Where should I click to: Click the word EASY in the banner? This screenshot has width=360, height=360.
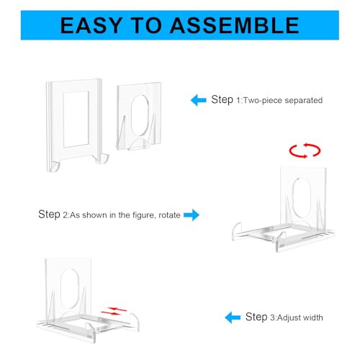point(91,25)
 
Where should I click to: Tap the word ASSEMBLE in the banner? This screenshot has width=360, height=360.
point(235,25)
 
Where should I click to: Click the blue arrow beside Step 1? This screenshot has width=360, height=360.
point(199,100)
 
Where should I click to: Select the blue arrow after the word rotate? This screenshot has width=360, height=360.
point(192,215)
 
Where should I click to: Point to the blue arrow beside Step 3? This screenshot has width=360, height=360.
point(233,318)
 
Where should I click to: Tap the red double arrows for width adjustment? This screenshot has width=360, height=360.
point(114,311)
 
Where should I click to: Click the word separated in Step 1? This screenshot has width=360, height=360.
point(304,100)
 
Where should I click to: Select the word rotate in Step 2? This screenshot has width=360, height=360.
point(169,215)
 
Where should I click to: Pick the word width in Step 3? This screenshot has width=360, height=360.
point(312,318)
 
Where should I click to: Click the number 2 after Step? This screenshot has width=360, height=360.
point(66,215)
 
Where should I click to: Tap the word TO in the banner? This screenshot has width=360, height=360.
point(146,25)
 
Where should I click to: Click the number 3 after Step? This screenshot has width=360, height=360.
point(273,318)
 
